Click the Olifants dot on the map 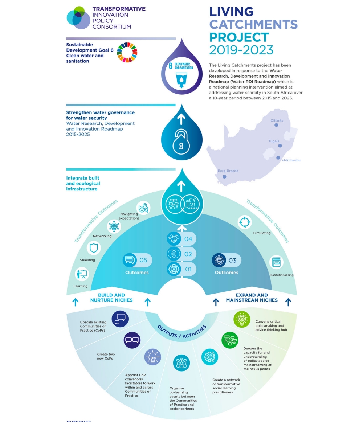point(276,125)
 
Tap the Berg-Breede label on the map point(228,171)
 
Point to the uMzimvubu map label point(291,160)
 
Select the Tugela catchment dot point(280,146)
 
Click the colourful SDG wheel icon point(127,52)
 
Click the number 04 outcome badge point(188,239)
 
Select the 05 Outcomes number point(143,260)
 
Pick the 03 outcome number point(232,260)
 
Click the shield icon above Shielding point(94,248)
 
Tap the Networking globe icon point(114,226)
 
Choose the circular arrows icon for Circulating point(245,222)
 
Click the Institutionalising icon point(276,262)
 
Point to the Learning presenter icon point(82,274)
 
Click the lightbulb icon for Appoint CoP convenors point(152,357)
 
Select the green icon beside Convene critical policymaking point(242,319)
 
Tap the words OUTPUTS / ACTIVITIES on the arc point(181,331)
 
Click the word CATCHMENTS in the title point(253,24)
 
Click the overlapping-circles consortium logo point(78,17)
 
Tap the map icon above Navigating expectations point(143,208)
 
